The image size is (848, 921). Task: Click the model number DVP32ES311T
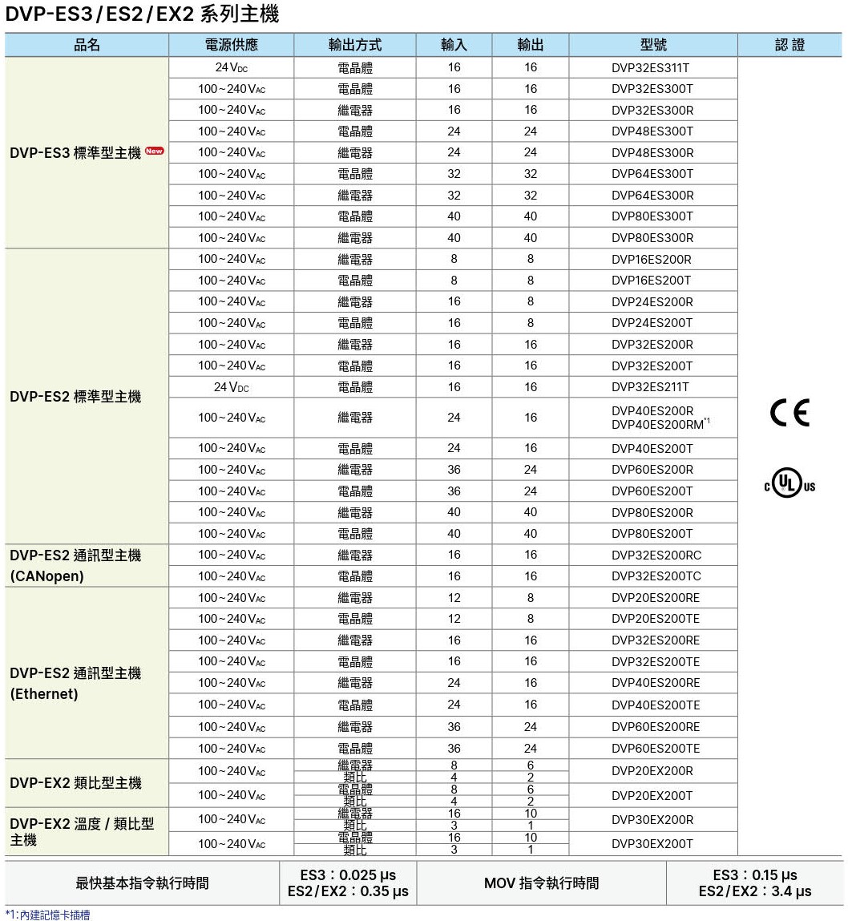[650, 67]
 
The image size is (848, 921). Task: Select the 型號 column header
[653, 45]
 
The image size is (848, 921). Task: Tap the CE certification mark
[789, 412]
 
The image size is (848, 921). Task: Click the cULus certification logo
[789, 484]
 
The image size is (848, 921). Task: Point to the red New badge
[155, 151]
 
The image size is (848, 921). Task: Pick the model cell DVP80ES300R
[652, 238]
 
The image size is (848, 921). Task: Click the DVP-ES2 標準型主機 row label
[75, 397]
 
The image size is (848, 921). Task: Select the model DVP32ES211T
[650, 386]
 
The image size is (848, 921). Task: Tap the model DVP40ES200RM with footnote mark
[660, 424]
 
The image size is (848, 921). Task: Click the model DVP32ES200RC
[656, 555]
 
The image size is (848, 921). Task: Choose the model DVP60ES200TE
[656, 748]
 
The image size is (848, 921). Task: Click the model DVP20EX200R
[652, 771]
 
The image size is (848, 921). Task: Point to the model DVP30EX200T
[652, 843]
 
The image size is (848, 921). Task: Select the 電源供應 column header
[231, 45]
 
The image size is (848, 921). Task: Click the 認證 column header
[789, 45]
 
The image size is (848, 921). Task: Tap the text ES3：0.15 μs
[754, 875]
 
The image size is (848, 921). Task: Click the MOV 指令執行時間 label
[541, 883]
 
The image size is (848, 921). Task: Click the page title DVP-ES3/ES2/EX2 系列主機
[142, 14]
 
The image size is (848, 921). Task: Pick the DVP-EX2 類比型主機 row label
[75, 783]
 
